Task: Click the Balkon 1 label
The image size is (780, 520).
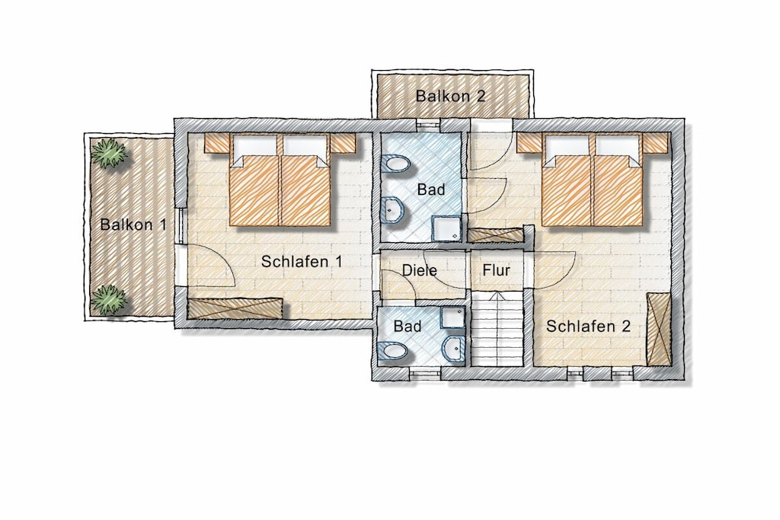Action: coord(133,224)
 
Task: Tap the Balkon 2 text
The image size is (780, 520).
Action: coord(450,95)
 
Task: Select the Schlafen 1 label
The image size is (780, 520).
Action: coord(302,261)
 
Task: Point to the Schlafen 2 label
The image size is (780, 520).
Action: coord(588,326)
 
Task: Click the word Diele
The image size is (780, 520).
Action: coord(420,270)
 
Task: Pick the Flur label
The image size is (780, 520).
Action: coord(496,270)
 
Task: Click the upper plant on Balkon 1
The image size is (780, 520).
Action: coord(109,152)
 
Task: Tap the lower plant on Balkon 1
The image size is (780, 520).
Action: coord(108,299)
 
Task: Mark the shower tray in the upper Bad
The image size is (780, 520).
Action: coord(446,228)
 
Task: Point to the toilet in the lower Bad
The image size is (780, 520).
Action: coord(393,351)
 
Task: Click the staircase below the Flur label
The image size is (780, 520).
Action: coord(497,329)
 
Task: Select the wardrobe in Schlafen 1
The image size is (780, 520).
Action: coord(235,308)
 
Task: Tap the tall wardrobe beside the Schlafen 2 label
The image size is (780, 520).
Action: coord(659,329)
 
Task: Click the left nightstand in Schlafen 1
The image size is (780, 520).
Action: coord(217,143)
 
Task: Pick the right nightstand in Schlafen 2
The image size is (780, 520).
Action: coord(655,142)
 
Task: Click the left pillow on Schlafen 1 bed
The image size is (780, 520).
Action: coord(254,145)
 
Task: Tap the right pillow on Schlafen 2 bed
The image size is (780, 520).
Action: coord(617,145)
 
